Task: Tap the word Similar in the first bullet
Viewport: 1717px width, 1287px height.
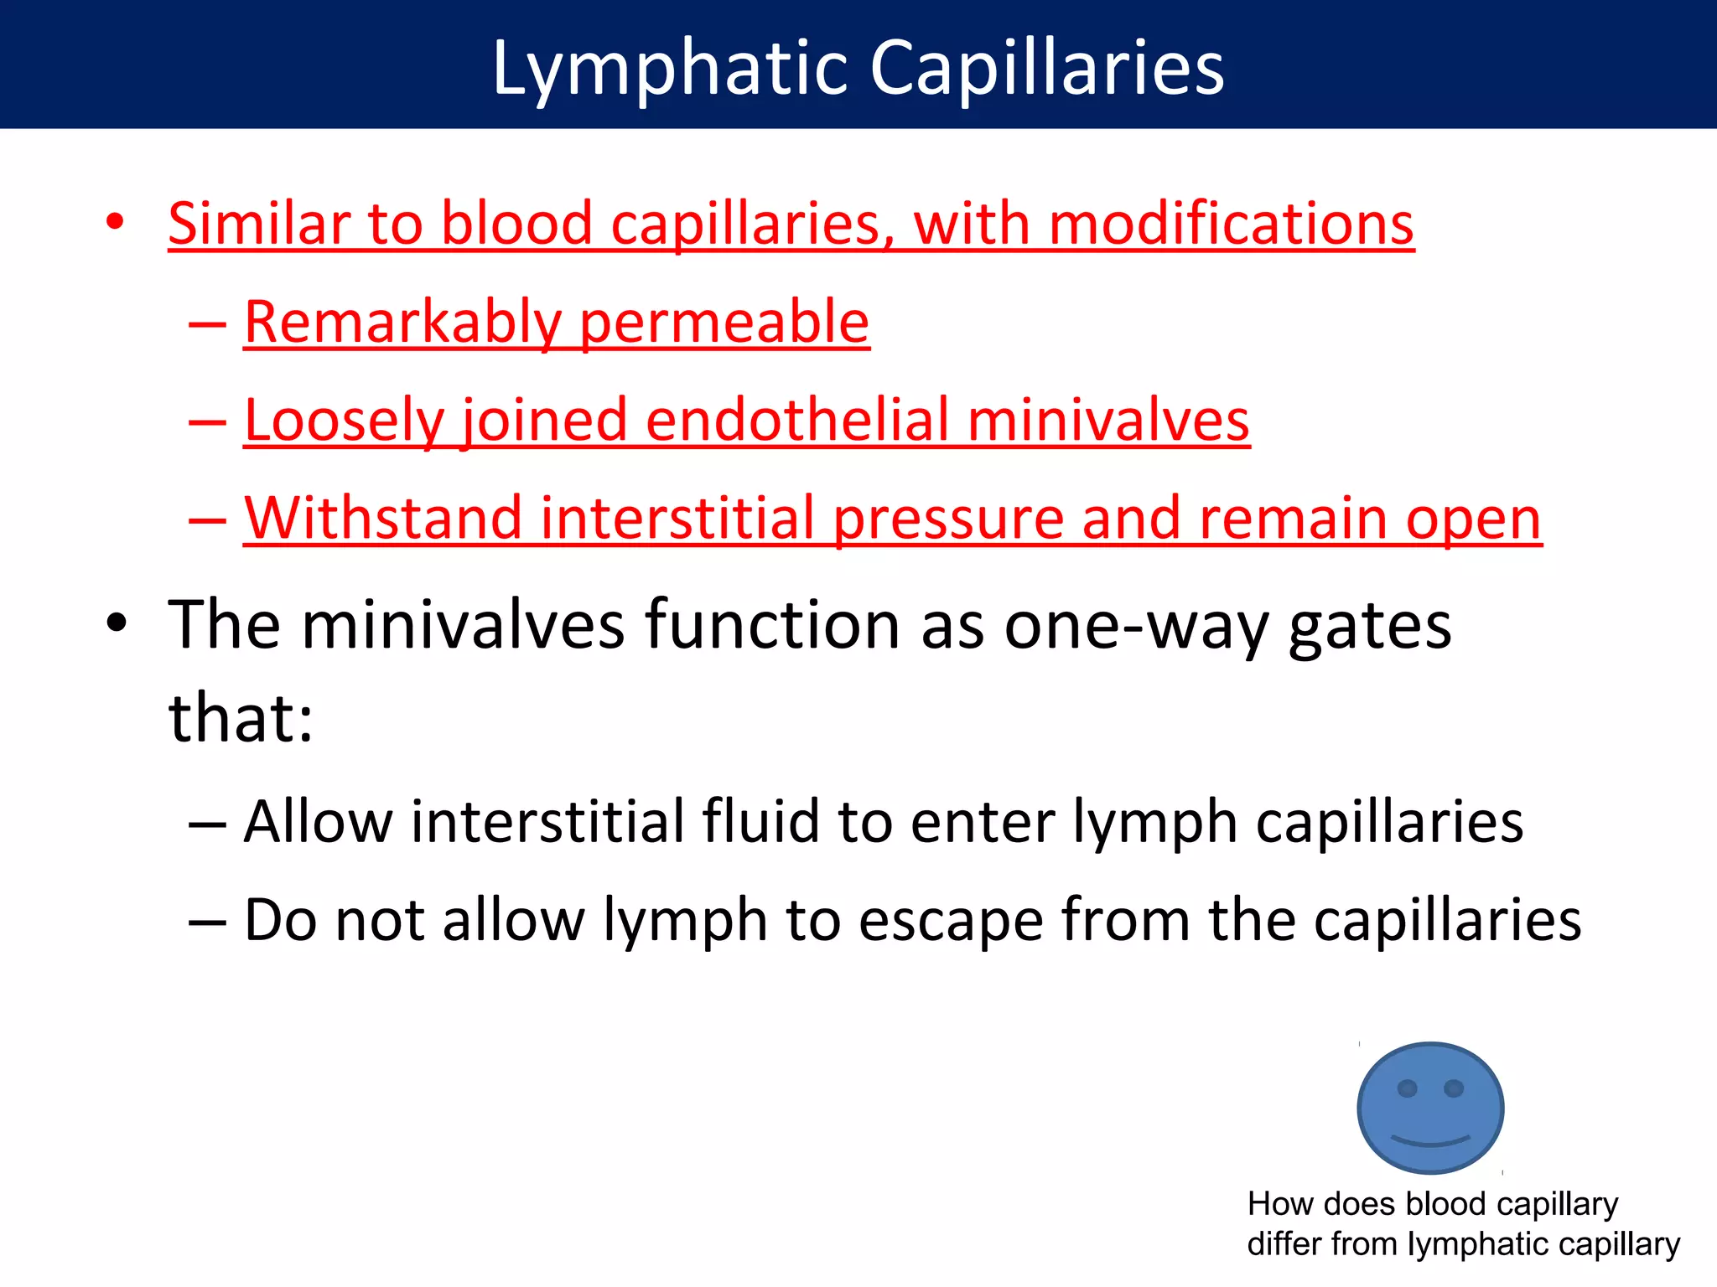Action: [258, 225]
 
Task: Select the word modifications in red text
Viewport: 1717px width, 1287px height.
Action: [1231, 225]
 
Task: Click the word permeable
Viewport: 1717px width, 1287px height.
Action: [724, 323]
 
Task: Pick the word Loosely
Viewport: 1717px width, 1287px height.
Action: [342, 421]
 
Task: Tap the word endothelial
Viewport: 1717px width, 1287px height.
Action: [796, 421]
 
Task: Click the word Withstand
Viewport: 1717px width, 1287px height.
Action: [381, 519]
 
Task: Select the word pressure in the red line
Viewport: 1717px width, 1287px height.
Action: [947, 519]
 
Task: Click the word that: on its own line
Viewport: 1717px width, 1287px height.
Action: [240, 719]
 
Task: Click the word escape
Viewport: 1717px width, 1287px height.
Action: [950, 921]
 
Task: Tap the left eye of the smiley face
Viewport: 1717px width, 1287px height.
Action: [1408, 1088]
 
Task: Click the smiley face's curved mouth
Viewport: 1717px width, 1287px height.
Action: [1430, 1140]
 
